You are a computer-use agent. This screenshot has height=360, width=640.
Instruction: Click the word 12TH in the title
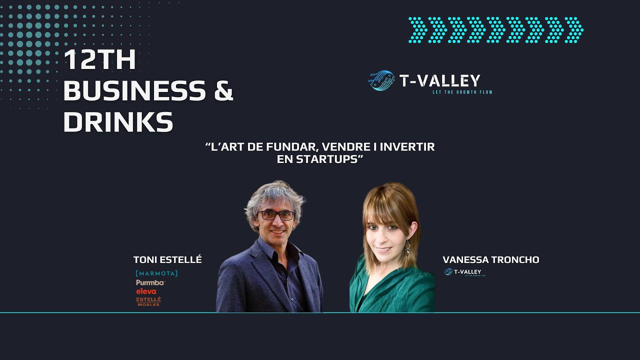point(100,61)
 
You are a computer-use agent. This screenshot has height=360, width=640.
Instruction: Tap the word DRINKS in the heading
point(118,122)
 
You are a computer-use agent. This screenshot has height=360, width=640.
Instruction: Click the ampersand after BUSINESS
point(221,91)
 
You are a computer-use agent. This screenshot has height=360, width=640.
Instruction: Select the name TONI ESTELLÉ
point(167,259)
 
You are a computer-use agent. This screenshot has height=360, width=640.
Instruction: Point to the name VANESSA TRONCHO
point(490,259)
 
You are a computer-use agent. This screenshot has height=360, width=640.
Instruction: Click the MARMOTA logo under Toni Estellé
point(156,273)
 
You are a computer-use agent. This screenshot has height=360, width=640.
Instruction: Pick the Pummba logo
point(150,282)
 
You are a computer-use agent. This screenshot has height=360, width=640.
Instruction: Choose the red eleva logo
point(146,291)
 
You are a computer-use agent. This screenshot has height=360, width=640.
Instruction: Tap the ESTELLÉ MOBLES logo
point(148,301)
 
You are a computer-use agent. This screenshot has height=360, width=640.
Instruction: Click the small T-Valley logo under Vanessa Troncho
point(464,272)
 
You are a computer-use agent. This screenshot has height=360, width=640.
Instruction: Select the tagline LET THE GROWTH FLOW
point(462,92)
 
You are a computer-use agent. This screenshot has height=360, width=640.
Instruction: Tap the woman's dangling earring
point(407,247)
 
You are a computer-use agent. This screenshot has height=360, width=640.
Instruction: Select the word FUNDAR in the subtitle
point(288,147)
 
